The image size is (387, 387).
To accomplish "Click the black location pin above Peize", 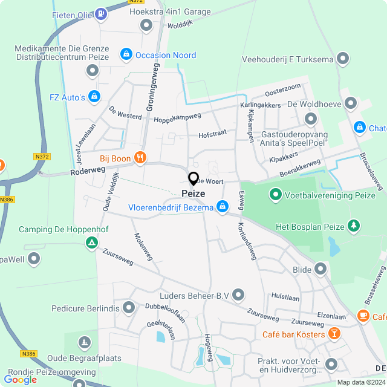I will [193, 179].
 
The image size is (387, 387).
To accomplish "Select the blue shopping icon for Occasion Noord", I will [126, 55].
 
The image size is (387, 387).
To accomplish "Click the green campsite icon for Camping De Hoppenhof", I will [91, 243].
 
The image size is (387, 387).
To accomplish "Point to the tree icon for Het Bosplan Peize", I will [354, 226].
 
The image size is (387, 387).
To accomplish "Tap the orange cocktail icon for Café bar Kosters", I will [334, 334].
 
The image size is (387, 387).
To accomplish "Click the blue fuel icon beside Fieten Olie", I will [100, 13].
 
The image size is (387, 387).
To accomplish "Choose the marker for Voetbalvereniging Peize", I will [276, 195].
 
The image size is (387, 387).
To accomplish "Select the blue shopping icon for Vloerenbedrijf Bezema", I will [223, 207].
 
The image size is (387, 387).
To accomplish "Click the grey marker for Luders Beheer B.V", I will [239, 295].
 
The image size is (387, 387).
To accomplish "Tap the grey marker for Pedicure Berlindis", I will [128, 308].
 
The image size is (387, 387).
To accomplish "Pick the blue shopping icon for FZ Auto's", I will [94, 96].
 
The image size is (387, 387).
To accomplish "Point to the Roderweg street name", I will [88, 171].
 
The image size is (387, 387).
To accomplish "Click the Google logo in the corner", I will [21, 379].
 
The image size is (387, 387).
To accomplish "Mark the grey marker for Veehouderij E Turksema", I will [343, 59].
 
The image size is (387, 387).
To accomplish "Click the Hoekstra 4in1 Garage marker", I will [146, 25].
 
